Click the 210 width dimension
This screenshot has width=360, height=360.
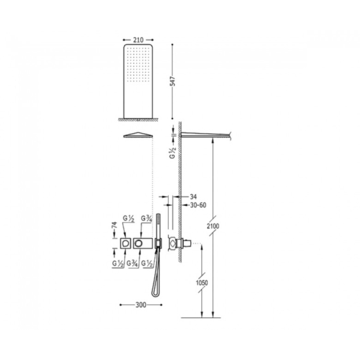138,40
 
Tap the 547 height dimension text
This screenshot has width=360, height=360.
172,81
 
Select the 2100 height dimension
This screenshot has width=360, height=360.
213,226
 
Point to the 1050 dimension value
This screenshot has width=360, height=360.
202,283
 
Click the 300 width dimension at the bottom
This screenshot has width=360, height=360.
141,305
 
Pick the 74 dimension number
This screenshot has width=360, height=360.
115,225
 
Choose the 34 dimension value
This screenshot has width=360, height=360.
193,196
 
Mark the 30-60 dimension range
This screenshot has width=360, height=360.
198,205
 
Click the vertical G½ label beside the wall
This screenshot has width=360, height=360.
172,153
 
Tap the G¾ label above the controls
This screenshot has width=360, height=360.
146,218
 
